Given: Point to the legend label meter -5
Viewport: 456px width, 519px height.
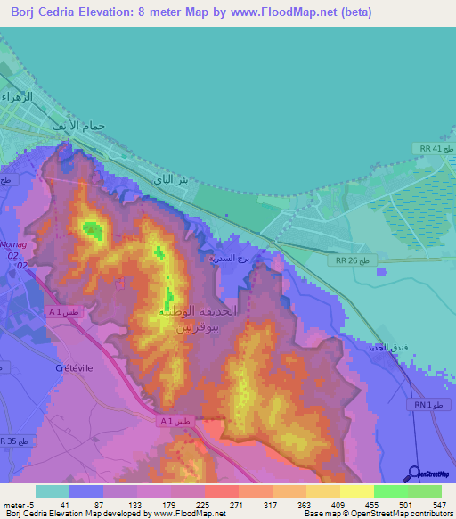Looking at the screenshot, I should [18, 504].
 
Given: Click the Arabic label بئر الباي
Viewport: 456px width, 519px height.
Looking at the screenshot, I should [172, 180].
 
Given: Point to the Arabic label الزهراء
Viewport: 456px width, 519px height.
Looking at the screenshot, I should [17, 95].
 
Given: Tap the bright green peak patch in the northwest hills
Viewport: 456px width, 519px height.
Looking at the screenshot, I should [92, 229].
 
